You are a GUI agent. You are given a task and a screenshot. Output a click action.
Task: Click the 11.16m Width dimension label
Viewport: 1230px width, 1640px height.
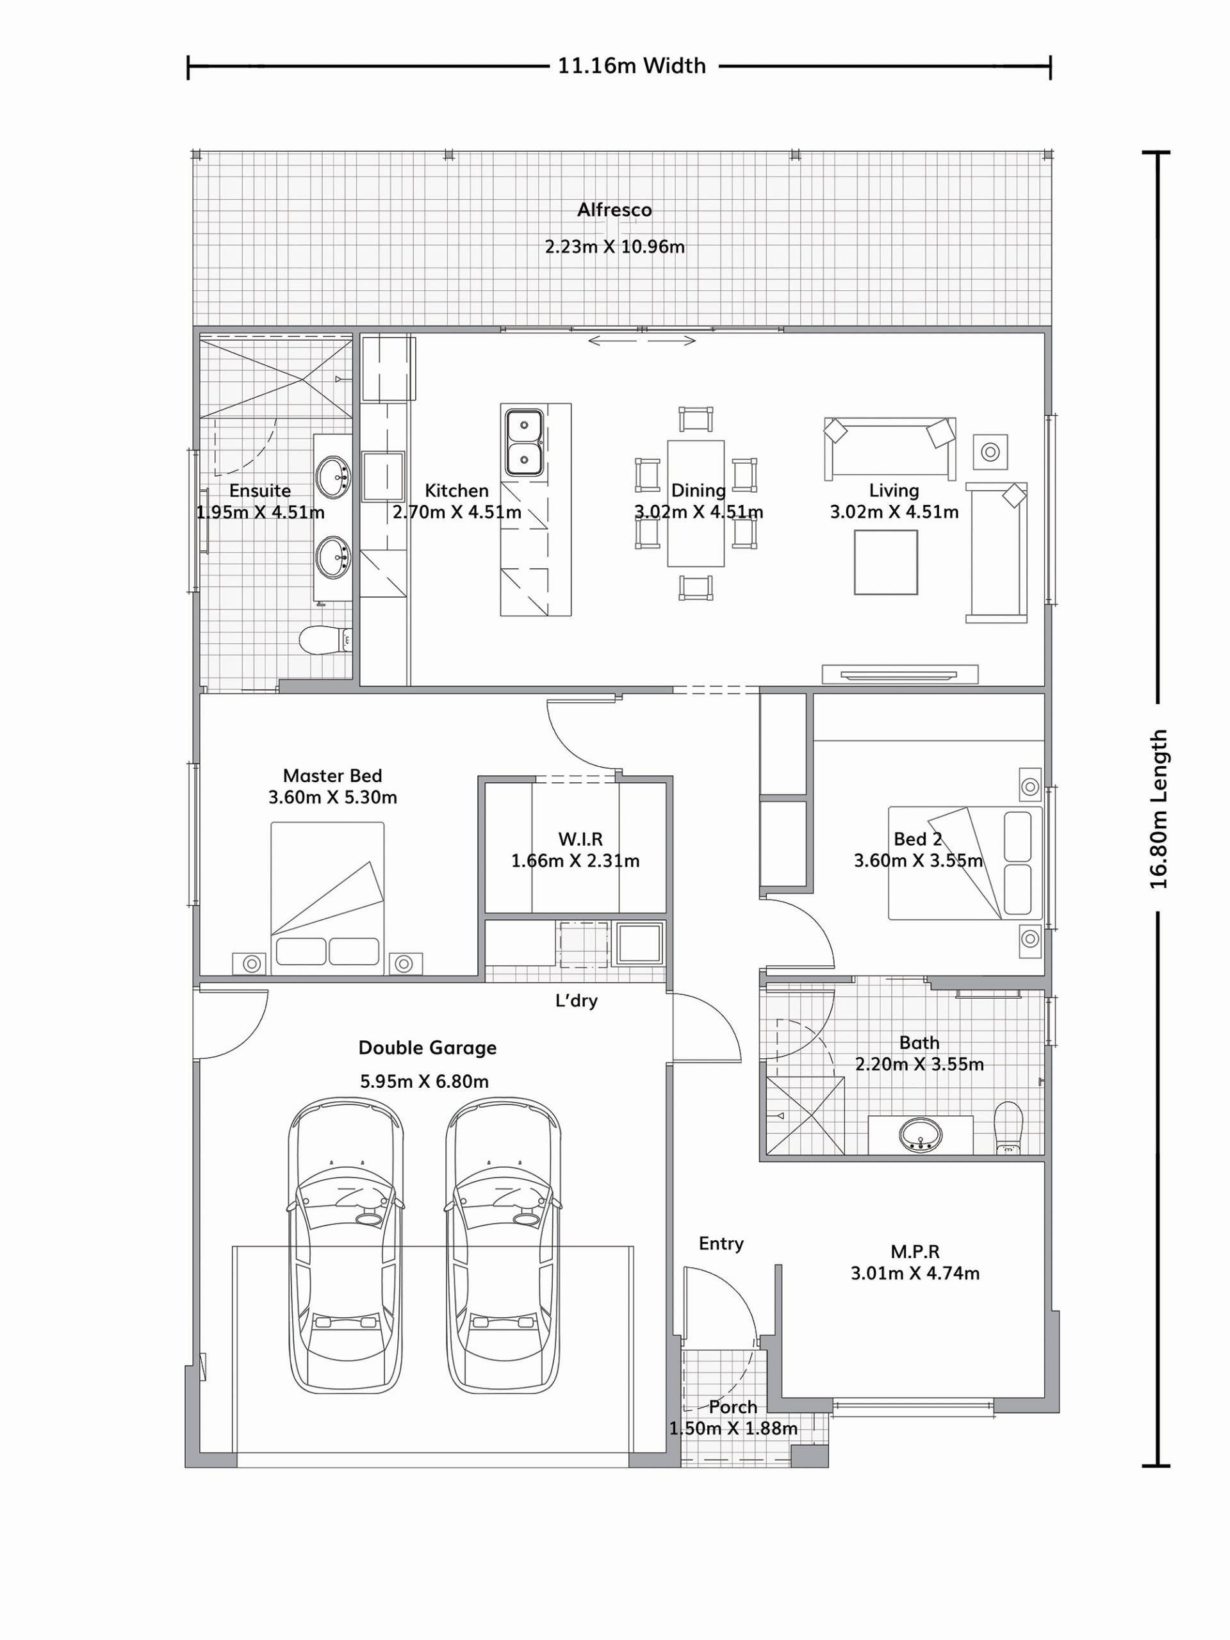click(x=632, y=66)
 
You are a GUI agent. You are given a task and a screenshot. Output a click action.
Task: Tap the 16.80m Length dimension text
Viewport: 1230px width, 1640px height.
click(x=1159, y=810)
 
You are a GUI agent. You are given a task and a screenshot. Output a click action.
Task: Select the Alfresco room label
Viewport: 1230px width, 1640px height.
click(x=614, y=210)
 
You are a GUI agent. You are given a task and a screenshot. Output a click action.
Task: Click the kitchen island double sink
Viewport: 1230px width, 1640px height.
click(x=524, y=443)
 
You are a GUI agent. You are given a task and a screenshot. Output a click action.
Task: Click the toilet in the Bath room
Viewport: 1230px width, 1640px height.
click(x=1008, y=1127)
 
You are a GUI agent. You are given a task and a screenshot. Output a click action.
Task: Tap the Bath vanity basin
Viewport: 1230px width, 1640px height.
click(x=921, y=1134)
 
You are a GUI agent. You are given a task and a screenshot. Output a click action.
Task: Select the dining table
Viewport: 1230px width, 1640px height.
click(x=696, y=504)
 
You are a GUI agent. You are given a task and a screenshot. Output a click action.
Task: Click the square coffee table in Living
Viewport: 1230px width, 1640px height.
click(x=885, y=562)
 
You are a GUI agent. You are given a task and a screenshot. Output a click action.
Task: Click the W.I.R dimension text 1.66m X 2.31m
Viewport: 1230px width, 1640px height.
click(x=575, y=861)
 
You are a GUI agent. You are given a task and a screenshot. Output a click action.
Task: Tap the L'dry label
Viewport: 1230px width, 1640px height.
click(x=576, y=1001)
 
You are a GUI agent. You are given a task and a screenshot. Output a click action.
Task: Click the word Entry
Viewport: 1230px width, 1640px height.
click(x=721, y=1243)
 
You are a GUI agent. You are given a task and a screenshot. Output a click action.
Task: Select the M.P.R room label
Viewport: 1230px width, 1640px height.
click(x=915, y=1252)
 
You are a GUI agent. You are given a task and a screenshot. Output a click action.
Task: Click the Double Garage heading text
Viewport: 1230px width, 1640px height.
click(x=427, y=1047)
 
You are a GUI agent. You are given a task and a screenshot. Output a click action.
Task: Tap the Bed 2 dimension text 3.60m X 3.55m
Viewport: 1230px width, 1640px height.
click(x=918, y=861)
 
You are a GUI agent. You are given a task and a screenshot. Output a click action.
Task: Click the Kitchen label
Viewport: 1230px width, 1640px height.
click(x=457, y=490)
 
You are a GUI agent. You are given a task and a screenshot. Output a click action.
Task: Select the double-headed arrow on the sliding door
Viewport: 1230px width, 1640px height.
click(x=642, y=341)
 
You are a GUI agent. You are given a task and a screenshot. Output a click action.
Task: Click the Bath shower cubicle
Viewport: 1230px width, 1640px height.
click(x=805, y=1116)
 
